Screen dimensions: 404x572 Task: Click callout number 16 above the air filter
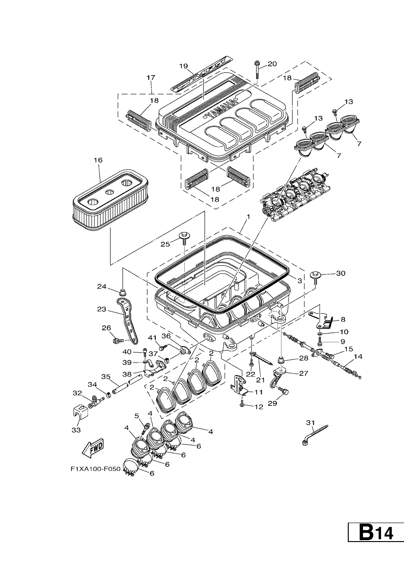tap(98, 160)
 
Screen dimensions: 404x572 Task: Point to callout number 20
tap(272, 64)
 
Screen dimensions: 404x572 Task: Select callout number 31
tap(310, 423)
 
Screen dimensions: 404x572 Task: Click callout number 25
tap(165, 244)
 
